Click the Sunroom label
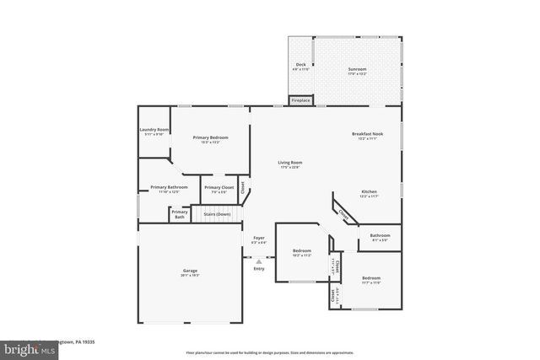coord(358,69)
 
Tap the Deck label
coord(300,67)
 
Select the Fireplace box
coord(300,100)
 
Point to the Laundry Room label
coord(154,131)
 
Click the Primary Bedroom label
coord(210,139)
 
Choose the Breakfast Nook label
coord(369,136)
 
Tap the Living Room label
coord(289,164)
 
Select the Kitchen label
coord(370,194)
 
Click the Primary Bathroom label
coord(169,189)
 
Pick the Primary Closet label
coord(219,189)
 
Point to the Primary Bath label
coord(180,215)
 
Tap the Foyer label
coord(258,241)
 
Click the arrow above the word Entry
coord(259,261)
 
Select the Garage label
coord(189,272)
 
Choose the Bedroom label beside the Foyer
coord(302,252)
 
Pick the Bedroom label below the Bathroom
coord(372,279)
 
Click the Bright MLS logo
coord(25,347)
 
